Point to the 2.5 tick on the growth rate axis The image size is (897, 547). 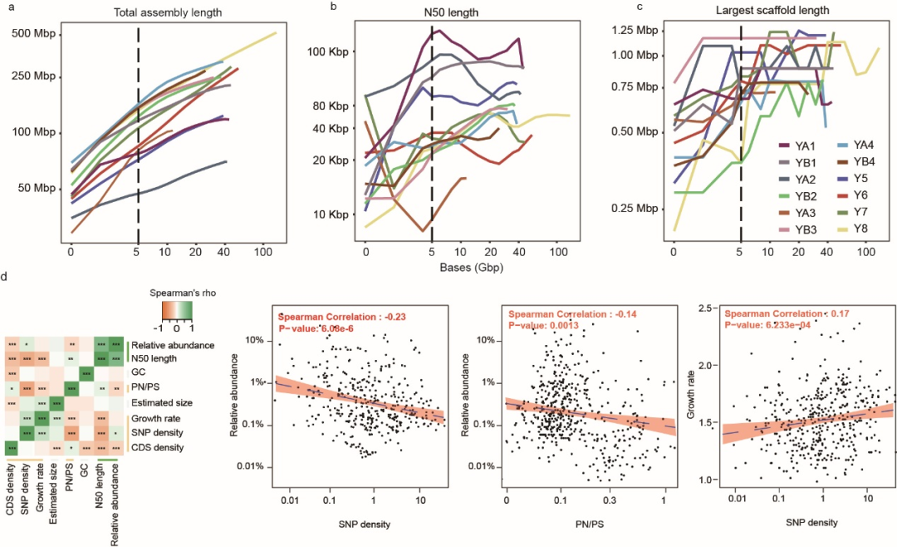tap(713, 308)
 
